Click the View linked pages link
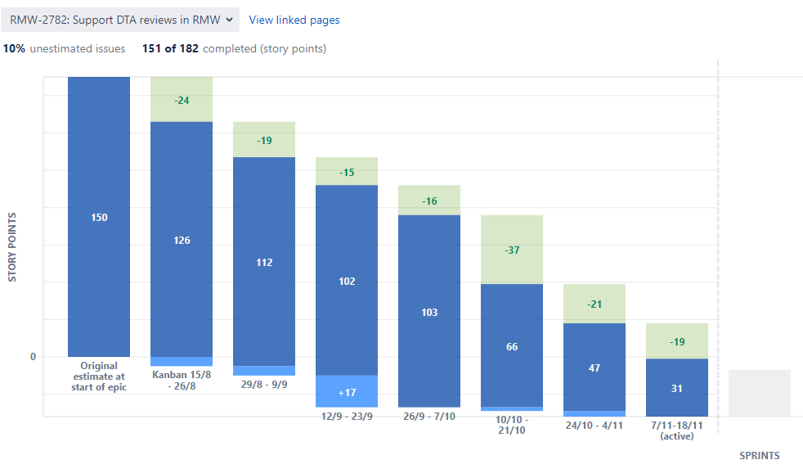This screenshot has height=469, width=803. tap(294, 20)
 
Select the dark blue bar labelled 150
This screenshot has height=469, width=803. tap(99, 217)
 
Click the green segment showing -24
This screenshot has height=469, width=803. tap(182, 100)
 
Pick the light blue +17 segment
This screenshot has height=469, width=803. tap(347, 392)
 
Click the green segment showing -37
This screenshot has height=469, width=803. tap(512, 250)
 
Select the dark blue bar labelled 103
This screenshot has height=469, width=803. tap(429, 312)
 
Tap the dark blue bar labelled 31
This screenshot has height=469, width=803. tap(677, 388)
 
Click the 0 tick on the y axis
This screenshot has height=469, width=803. tap(33, 357)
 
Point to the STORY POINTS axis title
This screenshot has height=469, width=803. tap(12, 247)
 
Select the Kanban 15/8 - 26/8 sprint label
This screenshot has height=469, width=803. tap(182, 381)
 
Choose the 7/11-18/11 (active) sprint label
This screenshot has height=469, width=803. tap(677, 431)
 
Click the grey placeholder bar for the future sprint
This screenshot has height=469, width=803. tap(760, 393)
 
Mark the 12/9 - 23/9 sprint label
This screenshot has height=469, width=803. tap(347, 416)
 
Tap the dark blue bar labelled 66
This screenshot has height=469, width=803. tap(512, 346)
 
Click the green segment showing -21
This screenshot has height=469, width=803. tap(594, 304)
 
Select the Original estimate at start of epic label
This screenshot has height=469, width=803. tap(99, 377)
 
